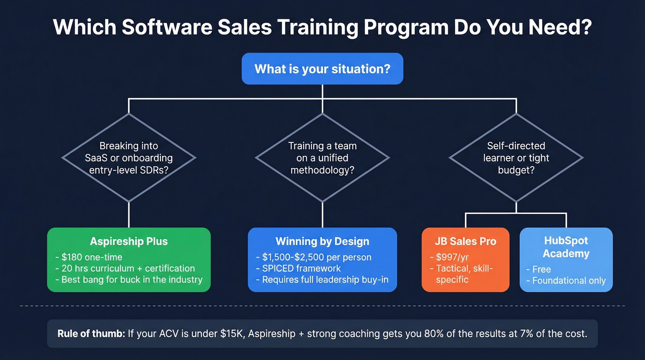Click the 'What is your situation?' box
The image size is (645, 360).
(x=322, y=69)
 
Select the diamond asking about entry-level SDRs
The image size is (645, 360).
(x=129, y=158)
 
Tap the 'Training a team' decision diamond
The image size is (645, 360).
(x=322, y=158)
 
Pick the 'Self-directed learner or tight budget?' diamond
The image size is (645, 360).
(x=516, y=158)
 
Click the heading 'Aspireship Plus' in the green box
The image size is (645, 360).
(x=129, y=241)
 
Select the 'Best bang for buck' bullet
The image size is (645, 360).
(x=129, y=279)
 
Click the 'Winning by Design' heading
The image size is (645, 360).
(x=322, y=241)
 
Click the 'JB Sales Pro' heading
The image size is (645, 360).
(x=465, y=241)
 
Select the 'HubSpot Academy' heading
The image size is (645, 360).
(x=566, y=247)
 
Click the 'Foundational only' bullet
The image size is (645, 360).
(x=569, y=280)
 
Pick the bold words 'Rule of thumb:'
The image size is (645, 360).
(x=91, y=333)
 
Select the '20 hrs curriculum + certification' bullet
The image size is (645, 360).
(x=124, y=268)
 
